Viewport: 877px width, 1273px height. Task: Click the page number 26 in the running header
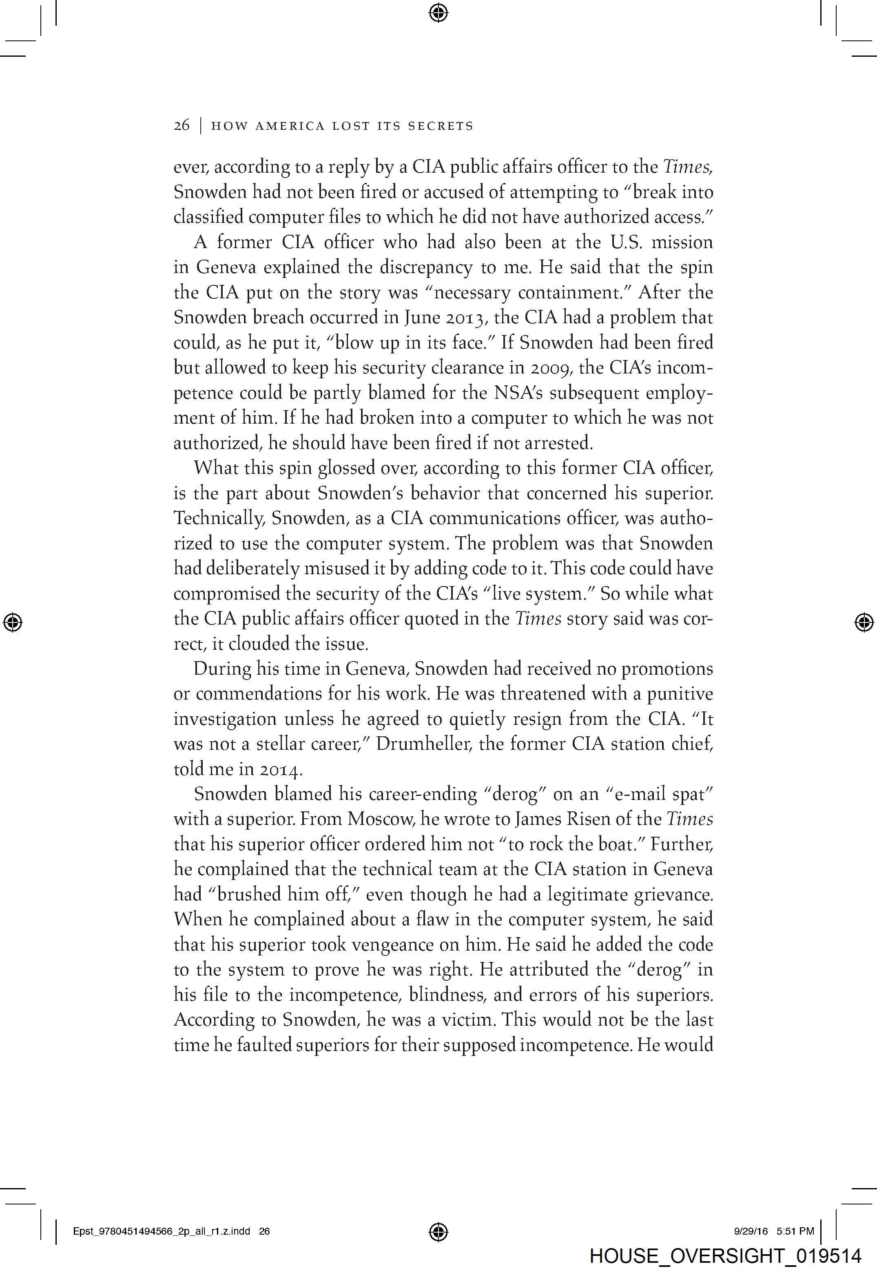pos(182,126)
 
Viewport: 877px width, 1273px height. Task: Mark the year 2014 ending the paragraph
pos(280,769)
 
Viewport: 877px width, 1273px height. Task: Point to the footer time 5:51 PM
pos(795,1231)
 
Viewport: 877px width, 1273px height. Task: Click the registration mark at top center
pos(438,12)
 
